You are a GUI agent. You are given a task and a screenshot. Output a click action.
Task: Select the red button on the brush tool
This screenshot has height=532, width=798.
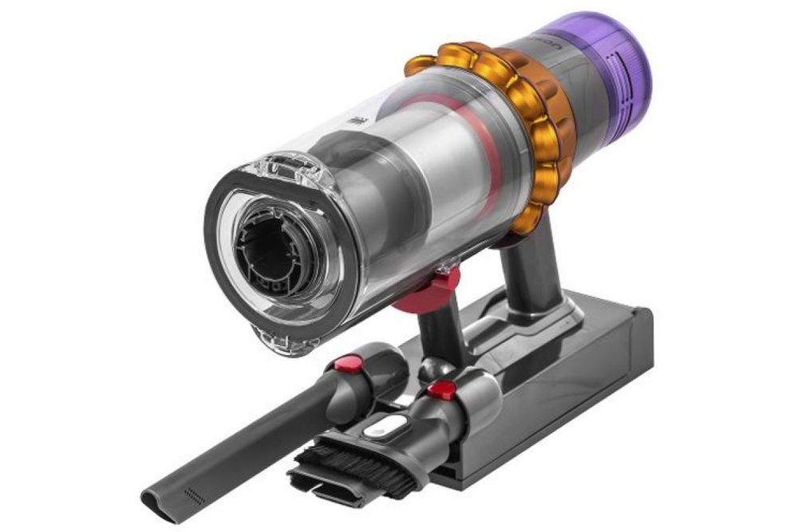[441, 390]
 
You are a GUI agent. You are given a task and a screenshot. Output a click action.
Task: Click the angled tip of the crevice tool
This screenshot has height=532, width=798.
[160, 501]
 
